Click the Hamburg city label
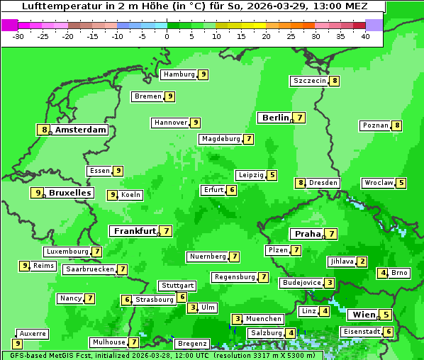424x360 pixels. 178,74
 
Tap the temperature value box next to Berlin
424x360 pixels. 300,118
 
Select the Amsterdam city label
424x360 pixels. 80,130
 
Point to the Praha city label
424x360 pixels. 307,234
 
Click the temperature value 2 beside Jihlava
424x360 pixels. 362,261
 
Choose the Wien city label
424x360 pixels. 363,315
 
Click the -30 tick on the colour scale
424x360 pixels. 19,36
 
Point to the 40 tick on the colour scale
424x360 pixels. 365,36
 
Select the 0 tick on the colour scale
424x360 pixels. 167,36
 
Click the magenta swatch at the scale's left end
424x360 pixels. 10,25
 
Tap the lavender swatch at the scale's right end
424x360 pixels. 374,25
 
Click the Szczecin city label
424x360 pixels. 309,81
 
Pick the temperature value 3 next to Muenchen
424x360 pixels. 238,319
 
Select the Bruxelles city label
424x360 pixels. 69,193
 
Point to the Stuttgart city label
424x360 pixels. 177,286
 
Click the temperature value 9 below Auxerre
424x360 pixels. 17,344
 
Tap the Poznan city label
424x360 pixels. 375,125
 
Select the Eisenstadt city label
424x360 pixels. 362,332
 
